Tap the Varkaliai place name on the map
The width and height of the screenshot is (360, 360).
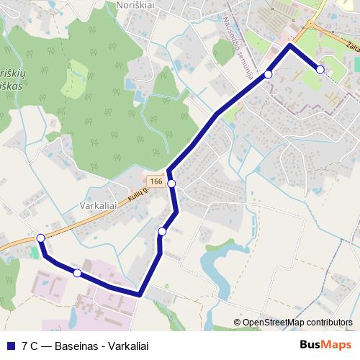99,205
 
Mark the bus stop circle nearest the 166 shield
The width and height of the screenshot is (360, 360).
172,184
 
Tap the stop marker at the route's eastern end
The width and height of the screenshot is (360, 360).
320,69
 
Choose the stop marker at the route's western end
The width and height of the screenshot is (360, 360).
41,238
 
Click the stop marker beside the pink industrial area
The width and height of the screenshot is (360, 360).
77,273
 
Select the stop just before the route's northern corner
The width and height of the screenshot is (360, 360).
268,74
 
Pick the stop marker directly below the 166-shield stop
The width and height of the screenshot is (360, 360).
162,231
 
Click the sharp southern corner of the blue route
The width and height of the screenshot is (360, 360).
139,294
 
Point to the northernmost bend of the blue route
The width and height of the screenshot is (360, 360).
290,45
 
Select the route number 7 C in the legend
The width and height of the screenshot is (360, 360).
30,346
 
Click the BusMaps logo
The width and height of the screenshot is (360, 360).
325,345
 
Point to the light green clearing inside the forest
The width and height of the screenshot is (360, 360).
74,79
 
